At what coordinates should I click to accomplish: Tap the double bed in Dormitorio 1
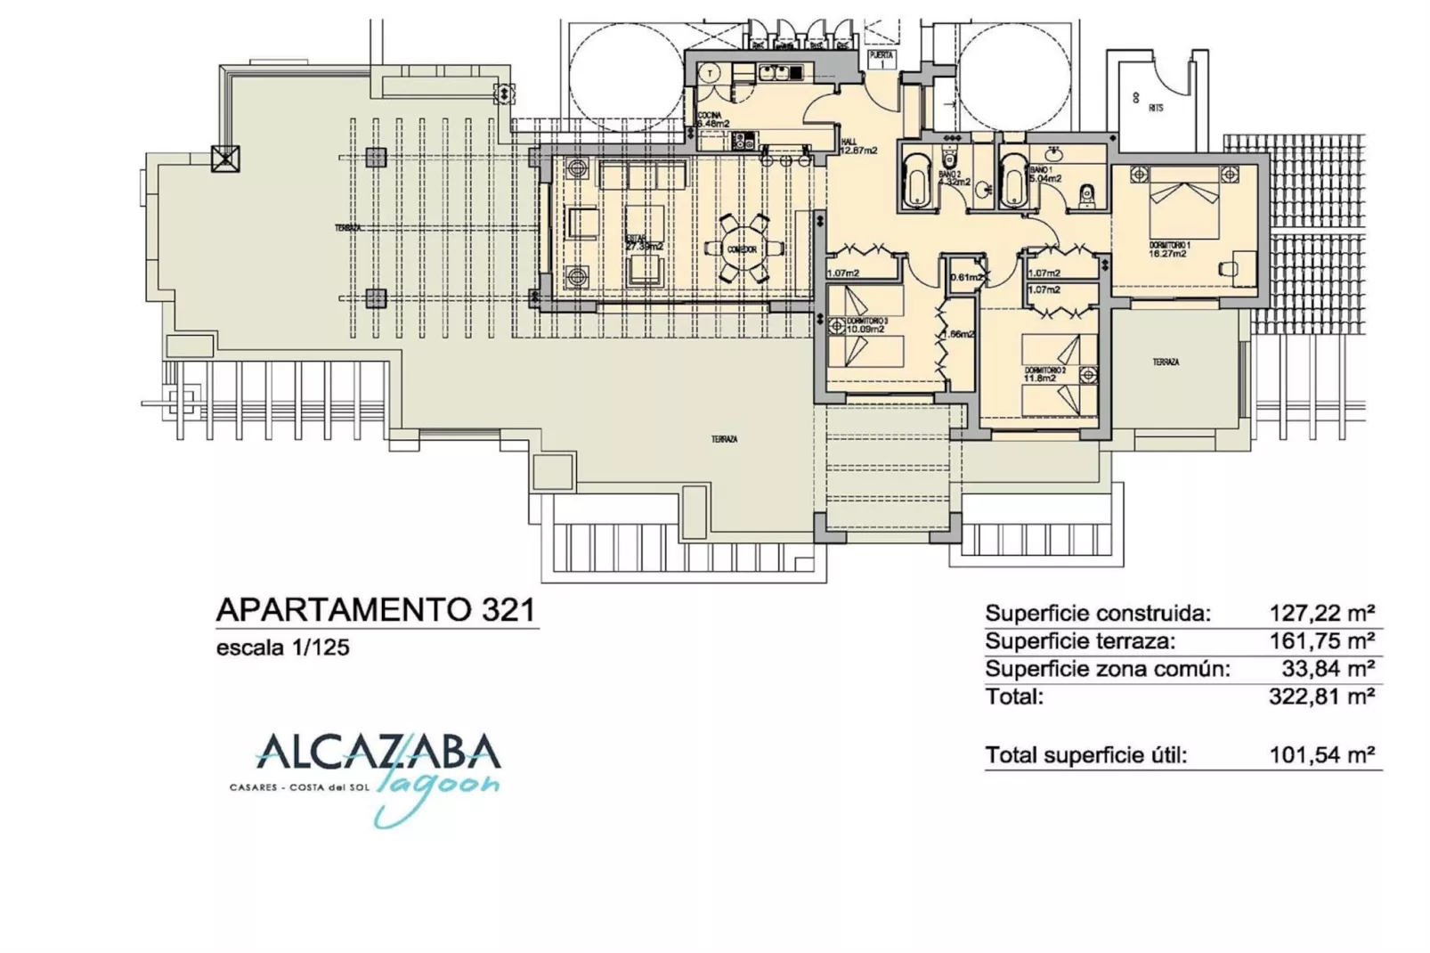tap(1183, 215)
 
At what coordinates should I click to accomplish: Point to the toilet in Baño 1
tap(1085, 196)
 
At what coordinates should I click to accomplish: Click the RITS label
tap(1156, 108)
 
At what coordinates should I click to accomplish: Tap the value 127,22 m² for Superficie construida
tap(1321, 613)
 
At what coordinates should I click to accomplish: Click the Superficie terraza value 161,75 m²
tap(1321, 640)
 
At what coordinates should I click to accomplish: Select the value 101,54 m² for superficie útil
tap(1321, 755)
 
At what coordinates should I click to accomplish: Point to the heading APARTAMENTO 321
tap(376, 610)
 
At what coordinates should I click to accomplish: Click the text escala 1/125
tap(283, 648)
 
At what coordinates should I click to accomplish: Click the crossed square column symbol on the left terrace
tap(225, 159)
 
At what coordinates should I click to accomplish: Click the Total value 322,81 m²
tap(1321, 696)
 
